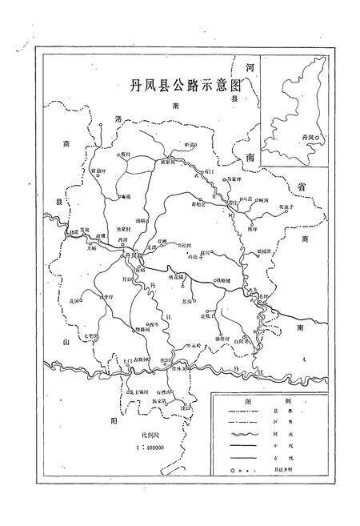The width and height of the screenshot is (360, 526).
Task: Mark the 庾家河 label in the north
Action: [163, 161]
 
